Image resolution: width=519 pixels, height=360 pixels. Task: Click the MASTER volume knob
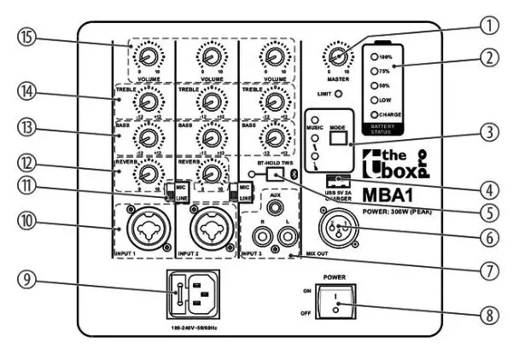pyautogui.click(x=340, y=57)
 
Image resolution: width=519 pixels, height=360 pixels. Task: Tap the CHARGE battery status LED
pyautogui.click(x=374, y=113)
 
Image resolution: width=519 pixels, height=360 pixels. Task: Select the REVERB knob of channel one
pyautogui.click(x=149, y=174)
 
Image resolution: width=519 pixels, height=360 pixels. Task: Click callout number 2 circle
pyautogui.click(x=488, y=58)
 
